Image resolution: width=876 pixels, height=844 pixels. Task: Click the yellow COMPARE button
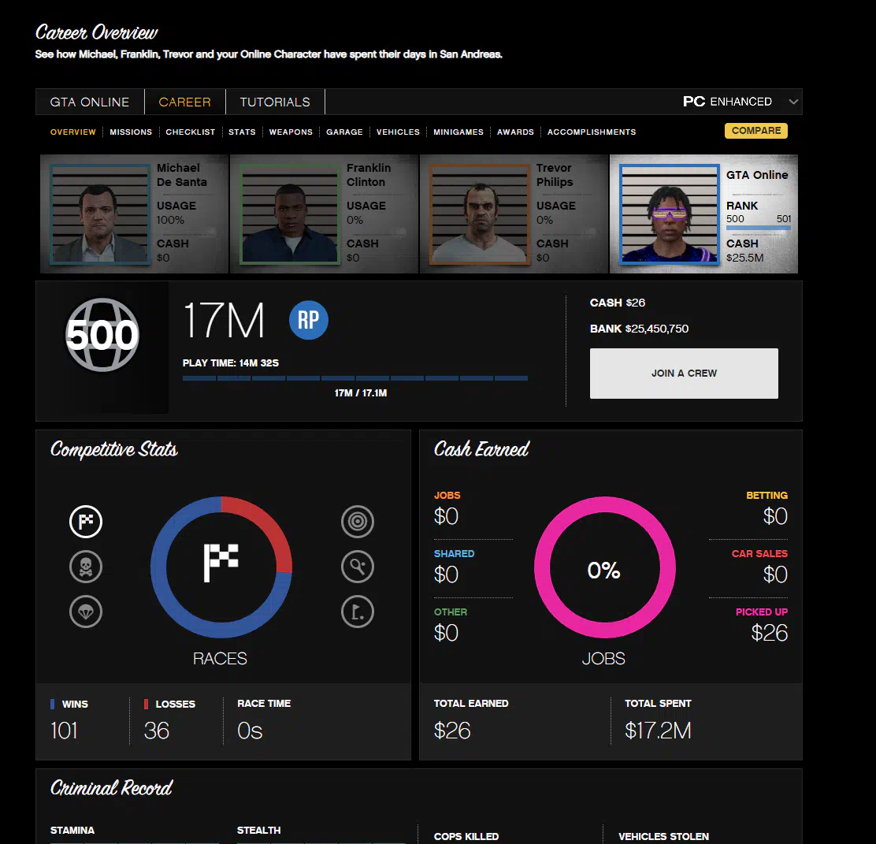pyautogui.click(x=755, y=131)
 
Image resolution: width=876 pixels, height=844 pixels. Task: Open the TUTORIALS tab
pyautogui.click(x=275, y=102)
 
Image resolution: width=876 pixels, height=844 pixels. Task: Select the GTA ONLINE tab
pyautogui.click(x=90, y=102)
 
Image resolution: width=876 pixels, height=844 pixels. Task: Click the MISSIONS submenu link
pyautogui.click(x=131, y=132)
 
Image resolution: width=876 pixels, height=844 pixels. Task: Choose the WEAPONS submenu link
pyautogui.click(x=291, y=132)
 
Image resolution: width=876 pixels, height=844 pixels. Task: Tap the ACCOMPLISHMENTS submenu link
pyautogui.click(x=592, y=132)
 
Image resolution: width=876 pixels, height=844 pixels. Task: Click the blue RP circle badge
pyautogui.click(x=309, y=322)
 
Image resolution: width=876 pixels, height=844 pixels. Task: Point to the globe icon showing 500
pyautogui.click(x=102, y=335)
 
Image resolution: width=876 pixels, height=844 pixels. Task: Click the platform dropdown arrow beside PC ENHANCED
pyautogui.click(x=793, y=102)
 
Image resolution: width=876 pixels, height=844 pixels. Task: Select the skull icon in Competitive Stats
pyautogui.click(x=85, y=567)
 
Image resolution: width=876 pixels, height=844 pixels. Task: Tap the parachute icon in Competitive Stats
pyautogui.click(x=85, y=612)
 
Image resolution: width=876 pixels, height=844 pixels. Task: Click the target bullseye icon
pyautogui.click(x=358, y=522)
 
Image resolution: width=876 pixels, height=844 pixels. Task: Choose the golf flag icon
pyautogui.click(x=358, y=612)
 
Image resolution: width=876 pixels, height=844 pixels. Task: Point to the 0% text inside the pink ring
pyautogui.click(x=604, y=571)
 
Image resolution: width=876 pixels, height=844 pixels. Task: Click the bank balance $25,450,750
pyautogui.click(x=657, y=329)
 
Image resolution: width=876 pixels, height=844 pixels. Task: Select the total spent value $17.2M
pyautogui.click(x=658, y=731)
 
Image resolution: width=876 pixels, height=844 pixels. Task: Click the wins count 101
pyautogui.click(x=65, y=731)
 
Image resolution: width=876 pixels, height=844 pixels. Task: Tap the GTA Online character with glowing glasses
pyautogui.click(x=669, y=214)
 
